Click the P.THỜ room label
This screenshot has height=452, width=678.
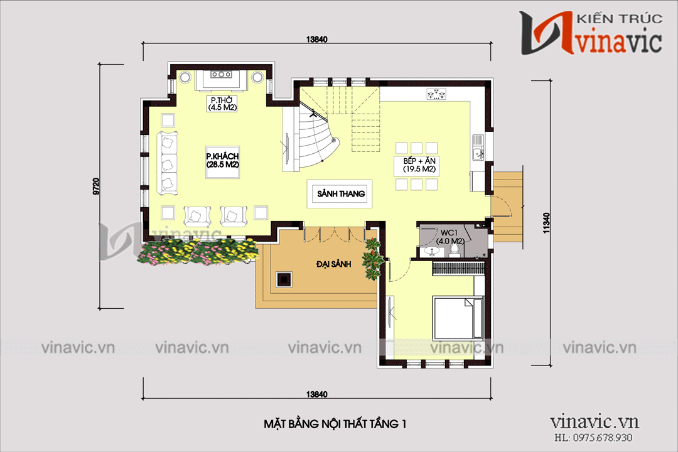(x=221, y=104)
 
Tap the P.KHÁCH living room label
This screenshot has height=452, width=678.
(x=223, y=160)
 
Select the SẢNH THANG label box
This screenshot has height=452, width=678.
(x=340, y=194)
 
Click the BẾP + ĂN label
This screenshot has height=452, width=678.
(x=420, y=165)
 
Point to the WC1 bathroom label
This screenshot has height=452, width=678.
(x=451, y=237)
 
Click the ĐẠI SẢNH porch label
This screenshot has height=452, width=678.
(x=333, y=264)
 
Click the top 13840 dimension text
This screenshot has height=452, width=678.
(x=318, y=39)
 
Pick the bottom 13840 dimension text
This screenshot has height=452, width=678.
(x=318, y=394)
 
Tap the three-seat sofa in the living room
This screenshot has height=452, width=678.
(x=168, y=162)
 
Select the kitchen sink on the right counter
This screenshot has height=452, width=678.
(x=478, y=151)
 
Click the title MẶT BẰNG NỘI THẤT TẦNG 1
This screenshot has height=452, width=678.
(x=335, y=425)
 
